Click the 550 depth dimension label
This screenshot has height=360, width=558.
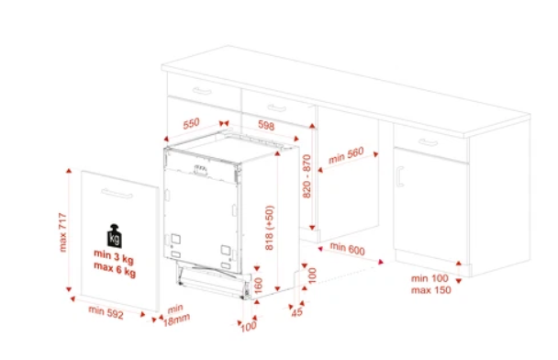(x=191, y=124)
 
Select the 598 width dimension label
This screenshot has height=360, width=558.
(x=266, y=125)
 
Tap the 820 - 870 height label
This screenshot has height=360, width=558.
(x=307, y=176)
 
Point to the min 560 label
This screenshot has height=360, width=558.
(x=346, y=155)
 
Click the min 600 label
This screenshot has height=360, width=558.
(x=347, y=249)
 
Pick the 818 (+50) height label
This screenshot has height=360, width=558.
(x=270, y=228)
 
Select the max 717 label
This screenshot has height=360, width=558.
(x=62, y=232)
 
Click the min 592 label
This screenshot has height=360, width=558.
(x=106, y=312)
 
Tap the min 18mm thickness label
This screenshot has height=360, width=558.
(x=176, y=315)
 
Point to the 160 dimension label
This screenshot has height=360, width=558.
(x=259, y=286)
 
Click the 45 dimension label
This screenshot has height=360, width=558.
(x=296, y=311)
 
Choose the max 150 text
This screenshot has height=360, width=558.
(x=431, y=290)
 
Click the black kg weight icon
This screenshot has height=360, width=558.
(x=114, y=236)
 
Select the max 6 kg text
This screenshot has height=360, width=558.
(x=115, y=270)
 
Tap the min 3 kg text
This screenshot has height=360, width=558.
(x=114, y=257)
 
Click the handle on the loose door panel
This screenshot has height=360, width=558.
(x=117, y=194)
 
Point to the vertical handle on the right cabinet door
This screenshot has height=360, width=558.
(x=399, y=176)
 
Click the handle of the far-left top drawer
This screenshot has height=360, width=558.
(x=202, y=91)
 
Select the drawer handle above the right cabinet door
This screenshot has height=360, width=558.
(x=428, y=142)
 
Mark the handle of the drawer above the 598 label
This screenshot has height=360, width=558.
(x=277, y=107)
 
